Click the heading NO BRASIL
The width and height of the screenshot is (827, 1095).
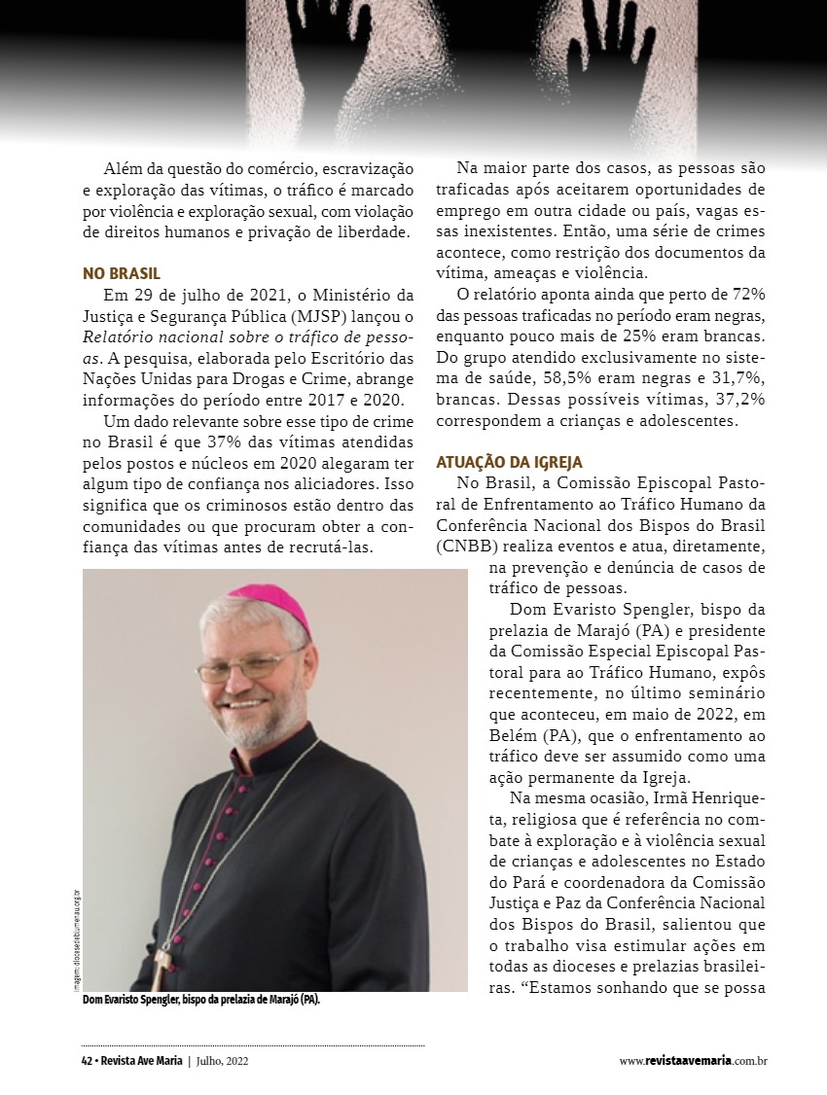click(x=122, y=273)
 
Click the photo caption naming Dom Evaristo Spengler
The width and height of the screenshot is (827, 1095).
click(x=201, y=1000)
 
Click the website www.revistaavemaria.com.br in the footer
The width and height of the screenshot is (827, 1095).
click(x=693, y=1061)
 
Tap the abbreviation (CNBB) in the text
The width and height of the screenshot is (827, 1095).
click(x=471, y=547)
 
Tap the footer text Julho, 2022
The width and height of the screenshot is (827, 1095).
click(x=222, y=1061)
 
